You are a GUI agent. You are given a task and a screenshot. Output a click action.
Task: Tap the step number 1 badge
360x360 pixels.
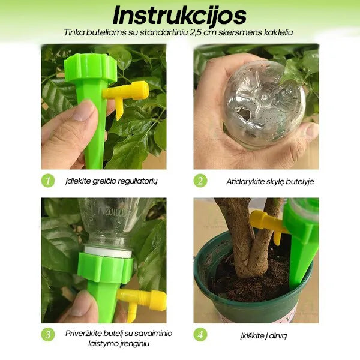48,181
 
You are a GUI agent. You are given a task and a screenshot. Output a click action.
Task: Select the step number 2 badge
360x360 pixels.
200,181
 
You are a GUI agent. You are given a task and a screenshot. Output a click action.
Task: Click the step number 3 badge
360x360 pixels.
48,334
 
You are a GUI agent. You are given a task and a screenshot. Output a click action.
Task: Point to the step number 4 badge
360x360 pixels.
200,334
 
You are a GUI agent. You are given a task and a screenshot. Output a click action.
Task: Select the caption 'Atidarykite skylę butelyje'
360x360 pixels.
262,181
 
